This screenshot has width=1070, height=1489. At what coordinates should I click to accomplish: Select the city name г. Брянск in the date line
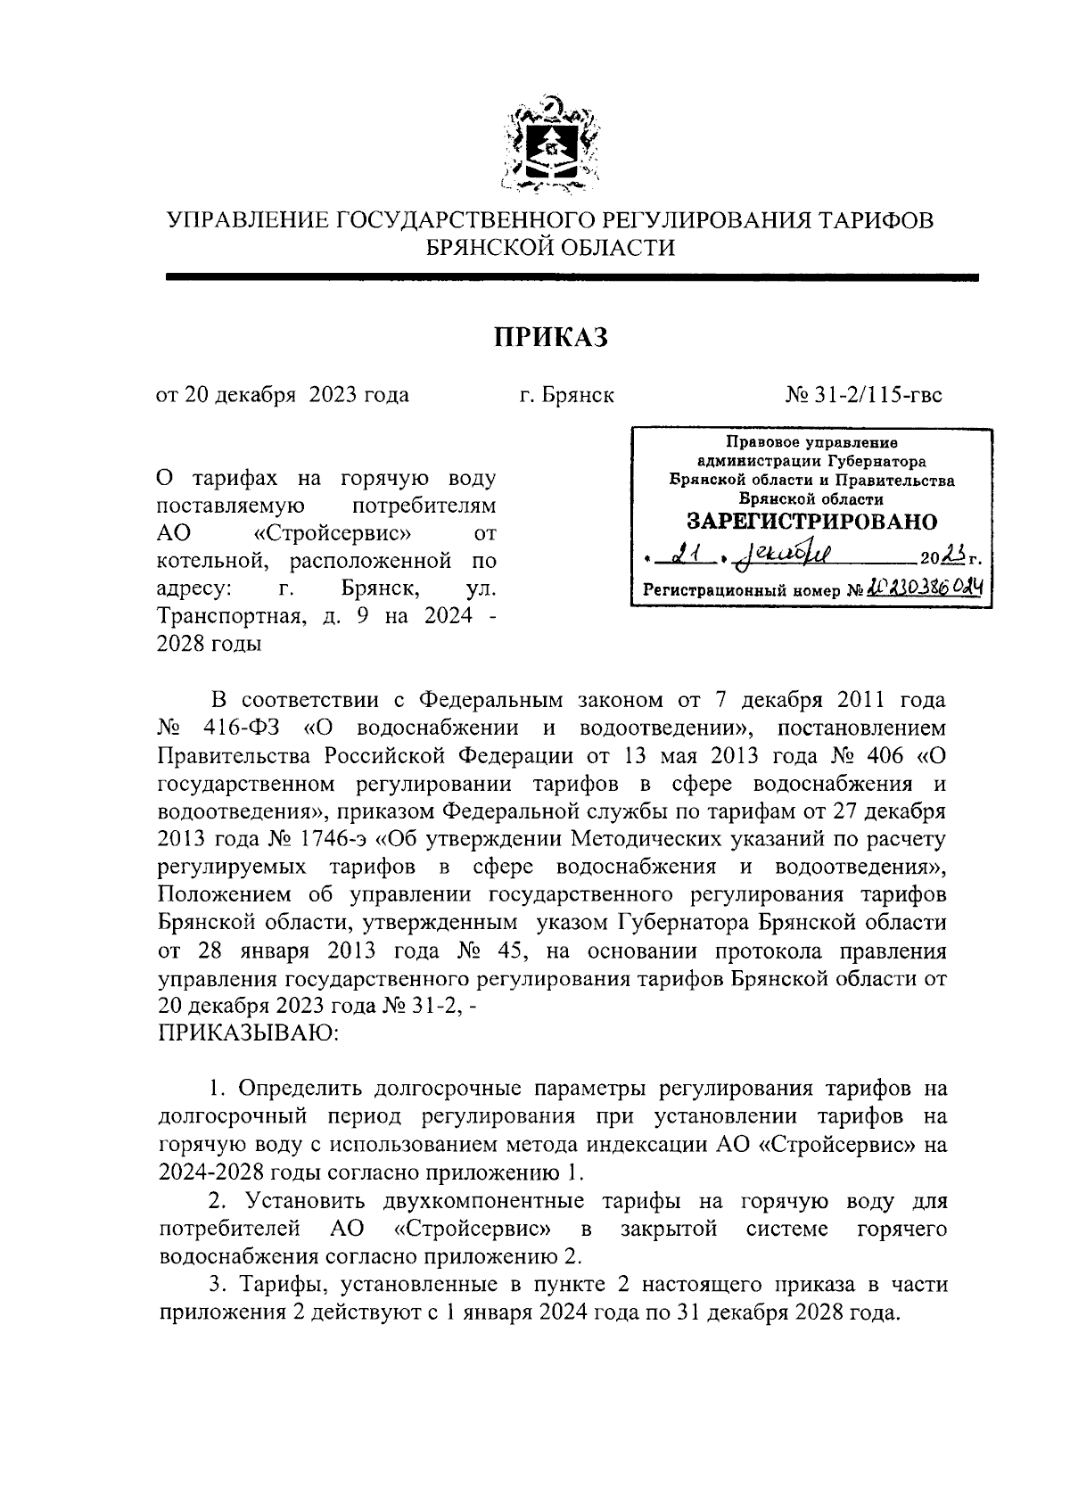point(567,394)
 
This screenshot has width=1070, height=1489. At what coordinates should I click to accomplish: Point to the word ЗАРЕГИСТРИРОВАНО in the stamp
point(811,521)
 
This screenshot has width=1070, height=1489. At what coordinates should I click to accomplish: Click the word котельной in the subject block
point(205,562)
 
